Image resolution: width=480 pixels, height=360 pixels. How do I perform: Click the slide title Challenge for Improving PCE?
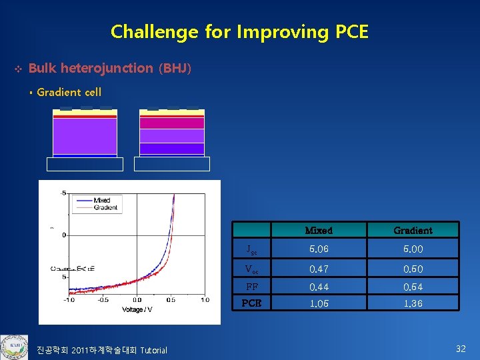pos(239,31)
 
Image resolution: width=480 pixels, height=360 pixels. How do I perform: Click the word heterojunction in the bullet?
pos(106,68)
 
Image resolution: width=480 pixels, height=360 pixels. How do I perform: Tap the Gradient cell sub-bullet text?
pos(69,93)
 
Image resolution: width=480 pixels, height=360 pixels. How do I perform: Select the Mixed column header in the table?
pos(318,231)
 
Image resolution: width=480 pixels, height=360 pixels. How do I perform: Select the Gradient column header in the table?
pos(413,231)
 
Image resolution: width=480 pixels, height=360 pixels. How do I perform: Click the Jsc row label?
pos(251,250)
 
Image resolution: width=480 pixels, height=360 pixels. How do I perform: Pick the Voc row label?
pos(251,269)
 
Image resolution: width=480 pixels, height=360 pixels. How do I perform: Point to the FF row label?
pos(251,287)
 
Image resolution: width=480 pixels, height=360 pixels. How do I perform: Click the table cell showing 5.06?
pos(318,249)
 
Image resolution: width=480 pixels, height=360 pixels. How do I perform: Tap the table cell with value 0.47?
pos(318,269)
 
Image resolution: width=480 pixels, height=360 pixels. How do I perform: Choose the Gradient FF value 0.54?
pos(413,287)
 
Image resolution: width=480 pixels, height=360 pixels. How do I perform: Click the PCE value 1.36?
pos(413,303)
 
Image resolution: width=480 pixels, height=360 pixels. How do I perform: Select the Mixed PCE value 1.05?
pos(318,303)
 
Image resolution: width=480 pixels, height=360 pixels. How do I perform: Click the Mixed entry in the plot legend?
pos(101,200)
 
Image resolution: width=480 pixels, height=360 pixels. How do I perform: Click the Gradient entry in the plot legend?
pos(105,207)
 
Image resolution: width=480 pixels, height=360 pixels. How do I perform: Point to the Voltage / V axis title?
pos(137,309)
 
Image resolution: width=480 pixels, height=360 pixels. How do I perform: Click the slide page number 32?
pos(460,348)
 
